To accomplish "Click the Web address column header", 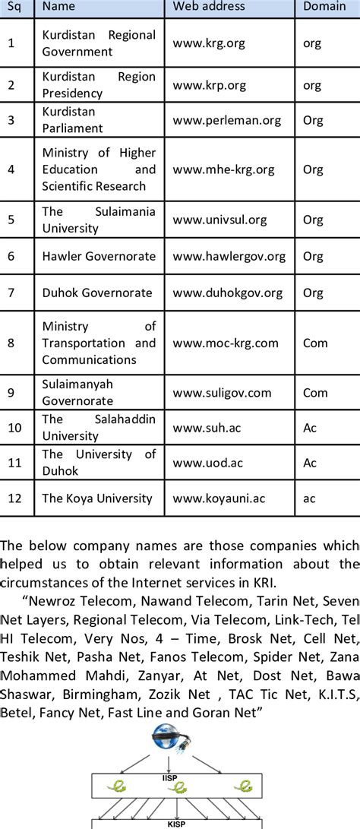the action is tap(209, 6).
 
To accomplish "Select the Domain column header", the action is tap(324, 6).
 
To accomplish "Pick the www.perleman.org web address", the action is tap(226, 120).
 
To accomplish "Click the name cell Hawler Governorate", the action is tap(99, 257).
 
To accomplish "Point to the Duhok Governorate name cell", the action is tap(97, 293).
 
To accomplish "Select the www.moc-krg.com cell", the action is tap(226, 343).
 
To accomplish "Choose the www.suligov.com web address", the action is tap(222, 393).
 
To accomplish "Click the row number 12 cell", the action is tap(14, 498).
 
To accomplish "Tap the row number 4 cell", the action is tap(11, 169).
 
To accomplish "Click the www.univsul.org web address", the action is tap(219, 220).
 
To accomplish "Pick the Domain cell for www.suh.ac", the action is tap(310, 428).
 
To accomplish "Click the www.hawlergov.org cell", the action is tap(228, 257).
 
